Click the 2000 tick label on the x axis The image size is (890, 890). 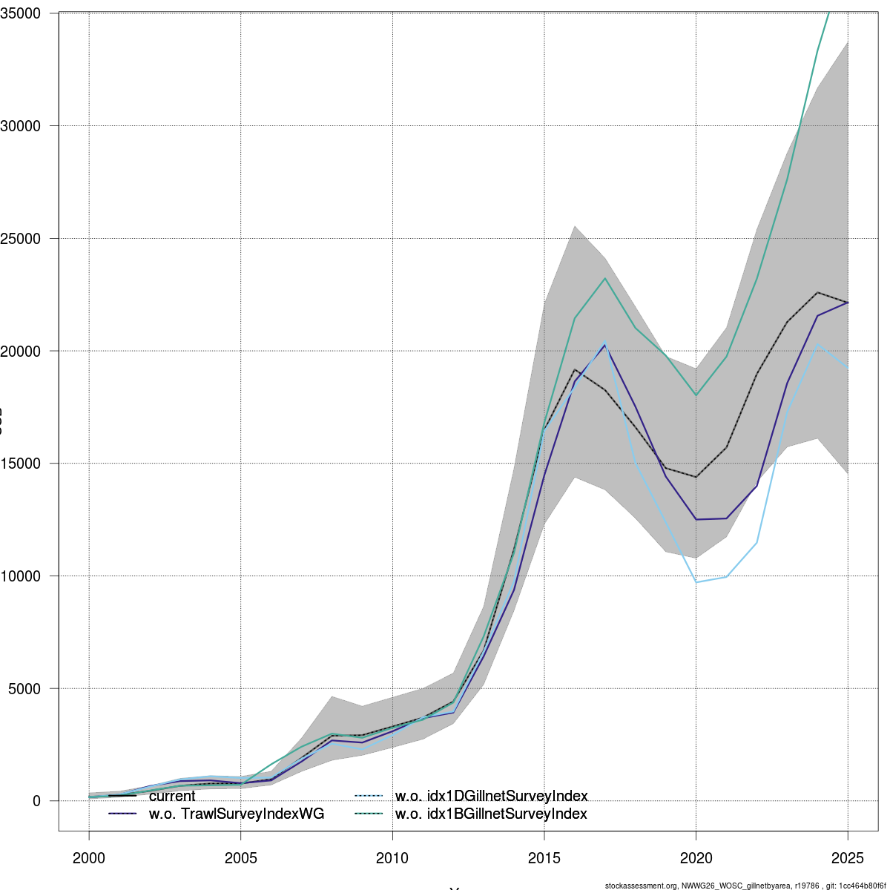tap(90, 859)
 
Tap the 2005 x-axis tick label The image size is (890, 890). tap(241, 859)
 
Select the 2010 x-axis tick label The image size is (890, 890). tap(393, 859)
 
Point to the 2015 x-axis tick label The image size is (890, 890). tap(544, 859)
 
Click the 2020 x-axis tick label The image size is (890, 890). tap(696, 859)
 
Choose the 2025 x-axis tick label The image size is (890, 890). tap(848, 859)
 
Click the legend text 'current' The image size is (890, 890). tap(172, 797)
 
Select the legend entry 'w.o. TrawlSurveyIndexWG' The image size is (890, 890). tap(237, 814)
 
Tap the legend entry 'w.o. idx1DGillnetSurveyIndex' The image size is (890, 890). tap(491, 797)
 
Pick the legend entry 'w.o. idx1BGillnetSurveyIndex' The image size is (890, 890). tap(491, 814)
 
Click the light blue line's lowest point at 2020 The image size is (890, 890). tap(696, 582)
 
